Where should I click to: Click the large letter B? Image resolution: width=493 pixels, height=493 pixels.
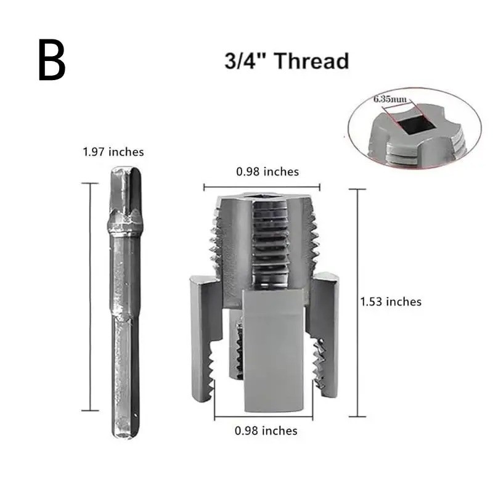tap(52, 60)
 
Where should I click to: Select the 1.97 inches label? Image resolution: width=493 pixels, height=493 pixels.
tap(113, 152)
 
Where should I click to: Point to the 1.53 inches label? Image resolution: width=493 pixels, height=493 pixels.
tap(391, 301)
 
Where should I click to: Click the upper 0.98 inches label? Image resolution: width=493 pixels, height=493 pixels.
tap(267, 171)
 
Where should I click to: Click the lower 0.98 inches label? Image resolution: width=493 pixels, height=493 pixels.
tap(266, 431)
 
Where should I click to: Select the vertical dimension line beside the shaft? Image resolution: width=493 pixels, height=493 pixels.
tap(91, 296)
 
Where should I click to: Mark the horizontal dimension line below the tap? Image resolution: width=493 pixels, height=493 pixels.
tap(266, 414)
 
